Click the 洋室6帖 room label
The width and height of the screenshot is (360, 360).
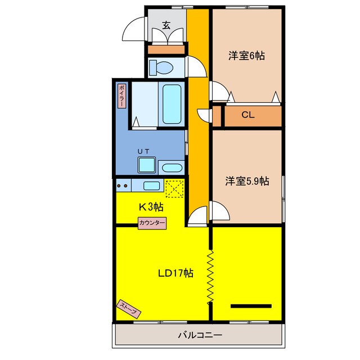click(246, 56)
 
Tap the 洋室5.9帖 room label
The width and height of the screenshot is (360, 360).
click(247, 181)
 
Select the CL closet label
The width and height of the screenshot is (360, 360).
click(248, 115)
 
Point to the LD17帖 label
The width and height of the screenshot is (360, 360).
click(175, 273)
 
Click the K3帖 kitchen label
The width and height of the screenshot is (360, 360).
click(151, 206)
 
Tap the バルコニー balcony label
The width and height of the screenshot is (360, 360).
click(200, 335)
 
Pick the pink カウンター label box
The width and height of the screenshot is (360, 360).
click(152, 223)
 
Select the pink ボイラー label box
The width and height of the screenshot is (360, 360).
click(121, 96)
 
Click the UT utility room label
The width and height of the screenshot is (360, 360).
click(144, 151)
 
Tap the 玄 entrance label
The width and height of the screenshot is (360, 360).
click(167, 25)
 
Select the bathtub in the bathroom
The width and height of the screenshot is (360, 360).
click(171, 105)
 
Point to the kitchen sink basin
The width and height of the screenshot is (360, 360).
click(151, 186)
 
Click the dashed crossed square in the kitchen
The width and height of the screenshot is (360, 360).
click(175, 187)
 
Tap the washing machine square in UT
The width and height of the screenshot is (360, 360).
click(147, 165)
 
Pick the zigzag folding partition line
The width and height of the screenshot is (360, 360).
click(211, 276)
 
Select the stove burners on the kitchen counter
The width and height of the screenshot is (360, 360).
click(123, 184)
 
